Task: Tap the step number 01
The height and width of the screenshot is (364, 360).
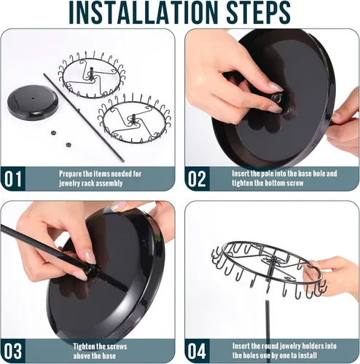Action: coord(13,178)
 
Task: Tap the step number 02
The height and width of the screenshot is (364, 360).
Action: coord(197,178)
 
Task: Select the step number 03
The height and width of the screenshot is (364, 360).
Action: coord(13,351)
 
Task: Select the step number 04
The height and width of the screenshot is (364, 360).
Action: coord(197,351)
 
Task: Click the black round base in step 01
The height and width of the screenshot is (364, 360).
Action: coord(33,103)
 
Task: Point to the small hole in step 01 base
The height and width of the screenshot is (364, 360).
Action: coord(33,98)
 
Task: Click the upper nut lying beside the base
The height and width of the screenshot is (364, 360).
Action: coord(52,132)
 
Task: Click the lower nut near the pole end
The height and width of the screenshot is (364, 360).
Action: coord(69,145)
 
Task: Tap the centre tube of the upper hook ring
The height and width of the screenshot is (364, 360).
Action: coord(91,73)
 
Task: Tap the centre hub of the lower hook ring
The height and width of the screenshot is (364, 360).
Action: coord(133,119)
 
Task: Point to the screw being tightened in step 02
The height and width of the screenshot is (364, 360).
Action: coord(276,98)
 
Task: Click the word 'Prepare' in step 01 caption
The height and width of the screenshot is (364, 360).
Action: coord(71,174)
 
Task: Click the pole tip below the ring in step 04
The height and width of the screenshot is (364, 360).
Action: coord(267,301)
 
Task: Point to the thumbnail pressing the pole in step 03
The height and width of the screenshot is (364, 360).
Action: coord(90,257)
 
